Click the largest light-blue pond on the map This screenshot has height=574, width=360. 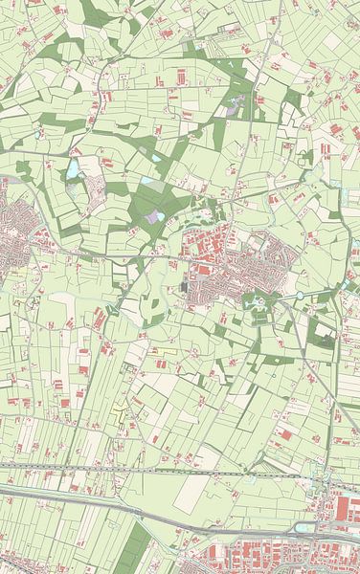[73, 170]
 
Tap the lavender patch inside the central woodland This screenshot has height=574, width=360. [154, 217]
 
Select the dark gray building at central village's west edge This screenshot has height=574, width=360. [184, 285]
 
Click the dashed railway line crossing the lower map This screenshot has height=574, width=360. [172, 470]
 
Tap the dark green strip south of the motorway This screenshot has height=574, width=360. [137, 545]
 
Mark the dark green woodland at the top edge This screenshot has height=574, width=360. [96, 11]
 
